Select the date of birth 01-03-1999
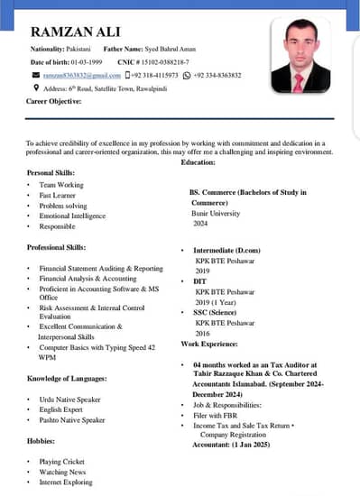click(85, 60)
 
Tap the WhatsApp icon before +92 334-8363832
click(187, 75)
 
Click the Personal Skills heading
click(52, 171)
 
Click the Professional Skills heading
click(57, 246)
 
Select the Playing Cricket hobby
click(61, 462)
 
